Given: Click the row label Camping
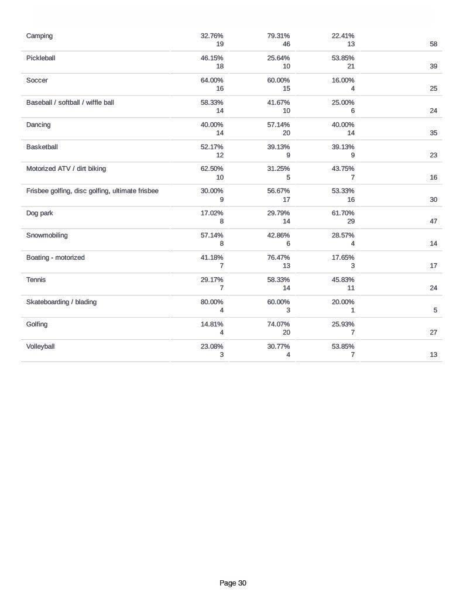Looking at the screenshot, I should pos(39,36).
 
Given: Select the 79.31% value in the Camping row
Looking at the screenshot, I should pos(278,36).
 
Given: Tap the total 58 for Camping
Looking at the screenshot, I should pos(433,44).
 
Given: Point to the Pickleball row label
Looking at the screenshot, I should pos(41,58).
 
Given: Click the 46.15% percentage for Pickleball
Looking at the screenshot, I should pos(212,58).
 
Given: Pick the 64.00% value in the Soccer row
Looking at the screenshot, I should pos(212,80).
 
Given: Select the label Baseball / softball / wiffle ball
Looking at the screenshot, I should pos(70,102).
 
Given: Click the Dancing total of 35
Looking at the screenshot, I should pos(433,133).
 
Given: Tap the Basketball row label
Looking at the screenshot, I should pos(42,147).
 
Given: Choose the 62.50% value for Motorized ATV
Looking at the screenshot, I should pos(212,168).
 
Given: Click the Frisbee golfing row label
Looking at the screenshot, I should pos(92,191).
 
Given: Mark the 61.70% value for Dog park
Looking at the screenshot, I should pos(343,213).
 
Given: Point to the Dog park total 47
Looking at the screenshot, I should pos(433,221).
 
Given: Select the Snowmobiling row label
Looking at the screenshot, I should pos(47,235).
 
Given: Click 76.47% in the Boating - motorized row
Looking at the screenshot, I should pos(278,257).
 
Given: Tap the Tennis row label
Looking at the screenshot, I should pos(36,280).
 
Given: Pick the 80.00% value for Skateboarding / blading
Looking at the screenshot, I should pos(212,302).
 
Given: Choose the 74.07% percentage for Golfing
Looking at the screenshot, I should pos(278,324).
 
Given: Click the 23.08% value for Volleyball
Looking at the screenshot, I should pos(212,346).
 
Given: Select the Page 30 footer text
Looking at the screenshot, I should pos(233,583).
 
